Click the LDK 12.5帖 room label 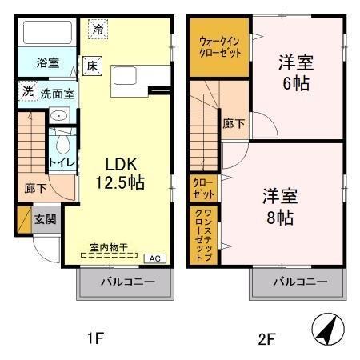[120, 173]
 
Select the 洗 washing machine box [26, 93]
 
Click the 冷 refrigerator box [97, 28]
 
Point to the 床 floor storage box [92, 66]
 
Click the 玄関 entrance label [44, 218]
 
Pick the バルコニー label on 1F [125, 282]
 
